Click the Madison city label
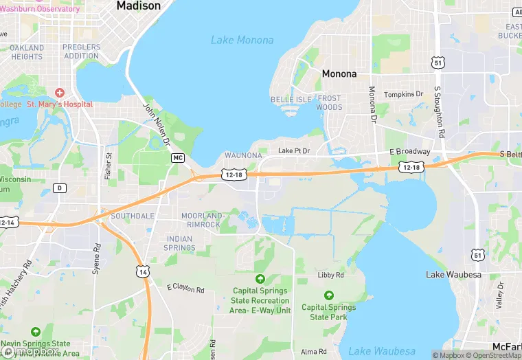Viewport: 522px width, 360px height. point(138,5)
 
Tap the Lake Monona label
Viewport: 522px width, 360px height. point(242,40)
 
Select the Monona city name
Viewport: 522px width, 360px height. point(339,74)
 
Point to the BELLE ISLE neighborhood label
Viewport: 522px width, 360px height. point(291,100)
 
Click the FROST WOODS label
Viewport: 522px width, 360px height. point(329,103)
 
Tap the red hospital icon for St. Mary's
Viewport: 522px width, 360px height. point(59,92)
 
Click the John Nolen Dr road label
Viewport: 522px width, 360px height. point(156,124)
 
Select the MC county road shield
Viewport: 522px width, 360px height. point(178,158)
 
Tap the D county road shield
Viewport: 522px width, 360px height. point(60,188)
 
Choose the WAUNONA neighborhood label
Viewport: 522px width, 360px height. point(243,156)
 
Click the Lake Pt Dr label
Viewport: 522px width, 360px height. point(294,150)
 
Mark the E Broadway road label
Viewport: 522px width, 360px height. point(409,152)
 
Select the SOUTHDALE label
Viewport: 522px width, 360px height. point(133,216)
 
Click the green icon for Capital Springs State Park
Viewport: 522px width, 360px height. point(328,295)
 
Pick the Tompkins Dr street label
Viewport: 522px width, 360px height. point(404,94)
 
